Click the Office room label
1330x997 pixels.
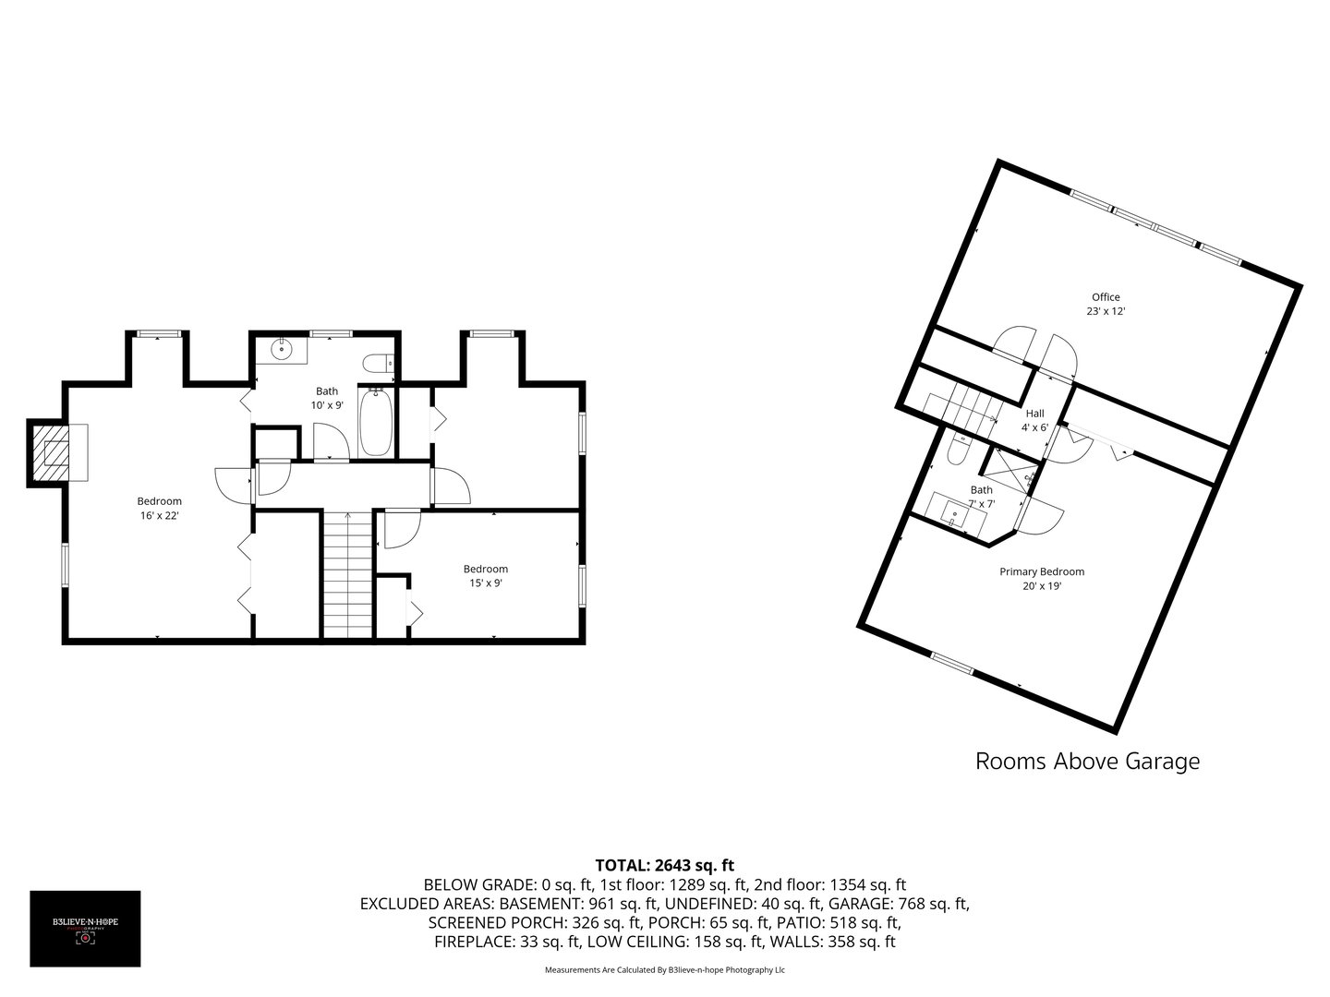pyautogui.click(x=1106, y=297)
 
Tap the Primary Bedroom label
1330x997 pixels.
pyautogui.click(x=1042, y=571)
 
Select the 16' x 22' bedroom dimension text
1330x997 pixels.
pyautogui.click(x=159, y=516)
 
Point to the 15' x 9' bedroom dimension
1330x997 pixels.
pyautogui.click(x=485, y=583)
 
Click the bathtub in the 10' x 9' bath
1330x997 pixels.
pyautogui.click(x=375, y=423)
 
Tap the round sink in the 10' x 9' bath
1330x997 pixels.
pyautogui.click(x=282, y=351)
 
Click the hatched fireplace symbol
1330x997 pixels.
pyautogui.click(x=55, y=452)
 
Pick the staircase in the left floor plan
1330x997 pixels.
pyautogui.click(x=347, y=572)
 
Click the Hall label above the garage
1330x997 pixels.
pyautogui.click(x=1034, y=414)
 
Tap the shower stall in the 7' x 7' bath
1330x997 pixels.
pyautogui.click(x=1010, y=473)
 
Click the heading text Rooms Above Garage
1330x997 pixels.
pyautogui.click(x=1087, y=762)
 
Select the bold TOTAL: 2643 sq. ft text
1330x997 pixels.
pyautogui.click(x=664, y=865)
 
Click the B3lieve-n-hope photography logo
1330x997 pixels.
pyautogui.click(x=85, y=928)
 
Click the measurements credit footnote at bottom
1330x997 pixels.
pyautogui.click(x=664, y=970)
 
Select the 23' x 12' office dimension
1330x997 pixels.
pyautogui.click(x=1106, y=312)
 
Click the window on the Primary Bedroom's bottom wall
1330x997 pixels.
pyautogui.click(x=951, y=662)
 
